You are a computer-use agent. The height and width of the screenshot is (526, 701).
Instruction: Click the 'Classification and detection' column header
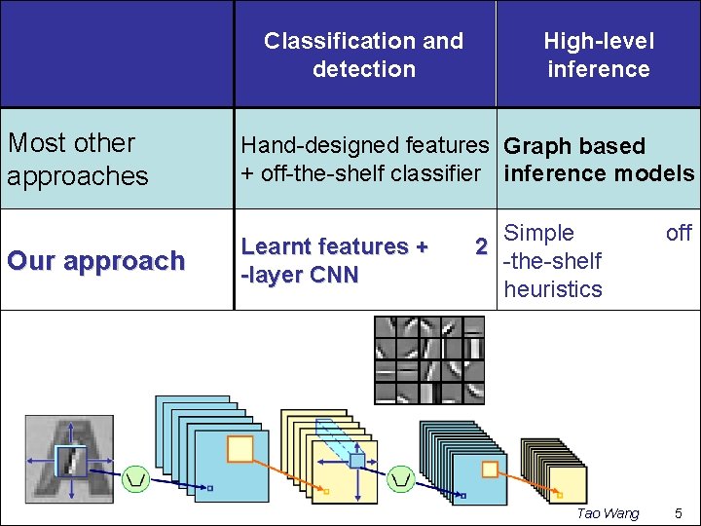[363, 55]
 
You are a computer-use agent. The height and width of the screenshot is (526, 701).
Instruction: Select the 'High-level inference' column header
[598, 55]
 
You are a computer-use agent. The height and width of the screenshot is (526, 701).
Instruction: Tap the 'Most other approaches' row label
[78, 159]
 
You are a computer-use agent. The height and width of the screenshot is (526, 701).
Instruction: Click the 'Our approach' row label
[95, 261]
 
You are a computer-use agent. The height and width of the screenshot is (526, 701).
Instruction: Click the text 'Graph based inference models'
[598, 160]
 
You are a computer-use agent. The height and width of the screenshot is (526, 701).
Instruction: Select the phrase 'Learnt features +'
[334, 246]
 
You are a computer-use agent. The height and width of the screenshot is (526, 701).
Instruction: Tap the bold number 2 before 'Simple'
[480, 246]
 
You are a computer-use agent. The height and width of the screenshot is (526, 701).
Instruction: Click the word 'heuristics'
[553, 289]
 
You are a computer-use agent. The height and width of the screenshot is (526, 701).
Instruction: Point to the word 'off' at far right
[679, 233]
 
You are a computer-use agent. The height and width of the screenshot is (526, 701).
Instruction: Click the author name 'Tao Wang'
[608, 513]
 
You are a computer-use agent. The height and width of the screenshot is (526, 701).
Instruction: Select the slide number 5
[679, 513]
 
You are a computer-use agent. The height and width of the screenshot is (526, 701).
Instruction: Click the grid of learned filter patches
[429, 360]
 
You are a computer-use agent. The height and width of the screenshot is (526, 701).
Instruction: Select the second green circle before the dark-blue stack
[401, 477]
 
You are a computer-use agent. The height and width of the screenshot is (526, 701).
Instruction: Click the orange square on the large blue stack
[240, 448]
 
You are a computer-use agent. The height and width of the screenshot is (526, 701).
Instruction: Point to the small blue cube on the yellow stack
[357, 460]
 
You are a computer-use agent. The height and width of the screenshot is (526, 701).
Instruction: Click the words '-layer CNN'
[300, 275]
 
